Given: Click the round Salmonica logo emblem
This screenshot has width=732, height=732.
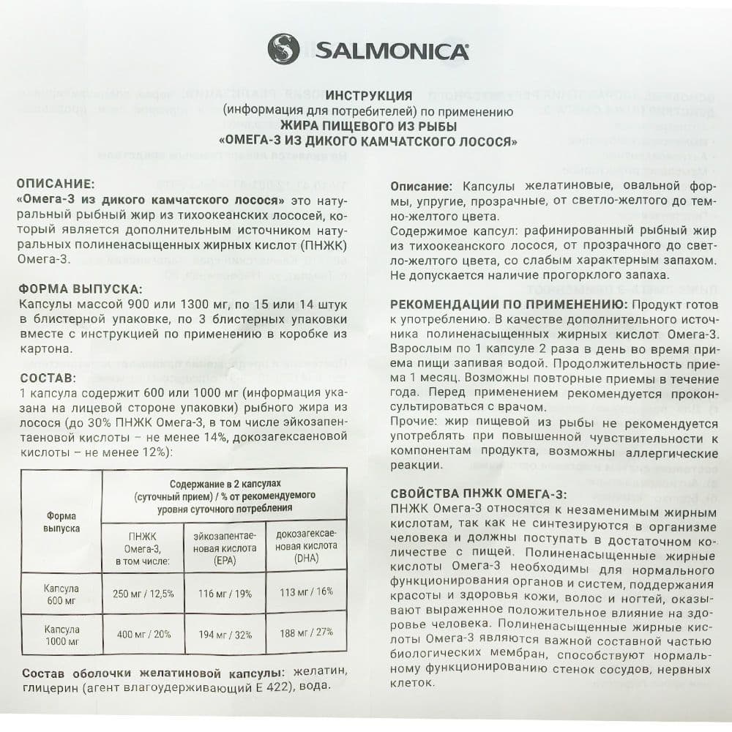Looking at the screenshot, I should point(283,50).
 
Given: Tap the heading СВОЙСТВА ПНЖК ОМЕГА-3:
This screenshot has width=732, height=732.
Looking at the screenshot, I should point(479,493).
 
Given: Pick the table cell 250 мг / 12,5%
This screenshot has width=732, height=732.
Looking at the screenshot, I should point(143,594).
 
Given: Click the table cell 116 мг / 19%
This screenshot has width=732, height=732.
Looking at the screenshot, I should point(225,594).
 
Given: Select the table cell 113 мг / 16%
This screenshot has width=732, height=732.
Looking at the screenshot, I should point(306,592).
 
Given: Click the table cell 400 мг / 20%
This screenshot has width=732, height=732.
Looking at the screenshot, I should point(143,635).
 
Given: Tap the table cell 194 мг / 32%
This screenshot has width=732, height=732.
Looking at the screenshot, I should point(225,635).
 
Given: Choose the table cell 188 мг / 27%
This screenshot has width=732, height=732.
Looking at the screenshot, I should point(306,633).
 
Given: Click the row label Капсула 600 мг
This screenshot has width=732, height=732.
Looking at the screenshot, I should point(61,594).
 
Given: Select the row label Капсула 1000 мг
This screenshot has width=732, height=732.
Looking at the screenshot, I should point(61,635).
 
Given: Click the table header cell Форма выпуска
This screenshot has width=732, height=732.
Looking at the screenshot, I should point(61,521).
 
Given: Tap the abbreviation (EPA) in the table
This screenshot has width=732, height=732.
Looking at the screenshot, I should point(225,561).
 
